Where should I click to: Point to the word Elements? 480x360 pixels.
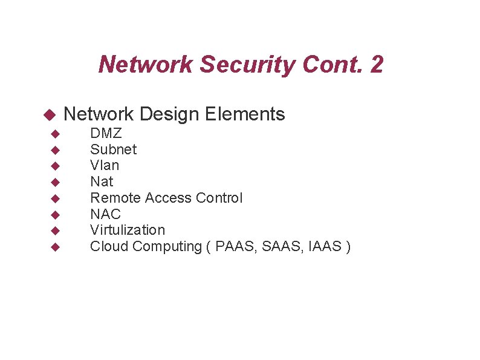(x=245, y=114)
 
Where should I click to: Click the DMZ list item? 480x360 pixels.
(x=106, y=133)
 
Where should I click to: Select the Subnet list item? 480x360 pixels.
(x=113, y=149)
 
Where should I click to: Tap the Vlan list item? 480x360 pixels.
(x=105, y=165)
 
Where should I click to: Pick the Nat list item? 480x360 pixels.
(x=102, y=182)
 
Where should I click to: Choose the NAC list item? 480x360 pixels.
(x=105, y=214)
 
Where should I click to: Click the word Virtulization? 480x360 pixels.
(x=127, y=230)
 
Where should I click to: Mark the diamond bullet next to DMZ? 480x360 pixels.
(x=54, y=133)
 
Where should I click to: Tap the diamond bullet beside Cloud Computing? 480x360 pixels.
(x=54, y=247)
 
